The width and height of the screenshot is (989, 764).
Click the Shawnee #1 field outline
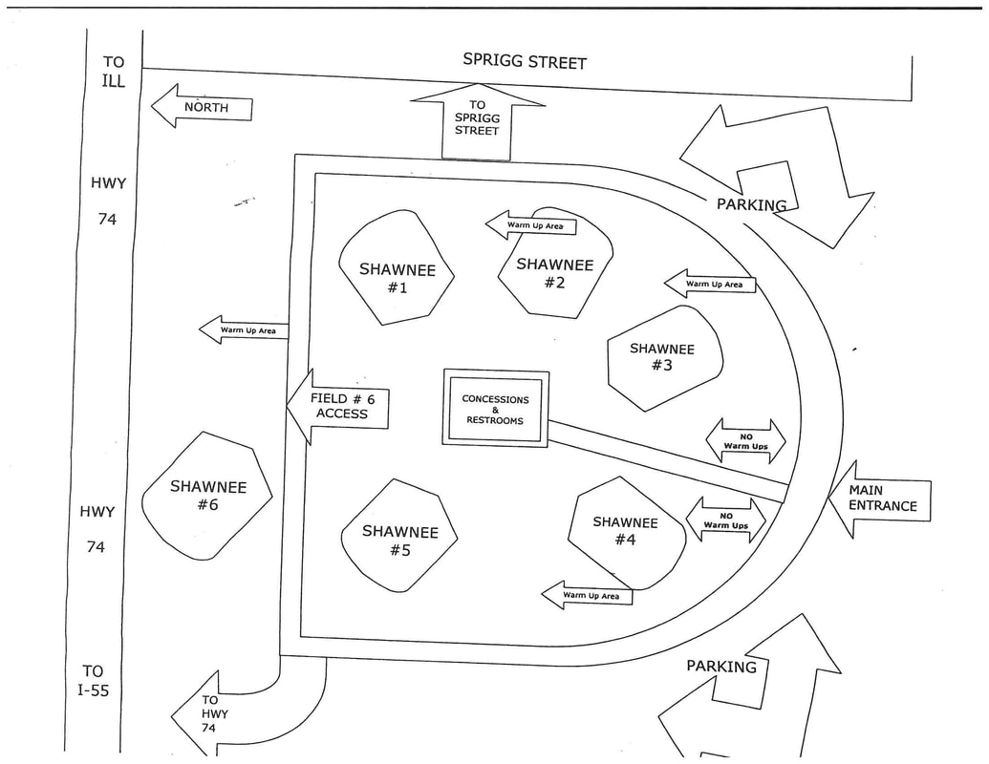point(397,269)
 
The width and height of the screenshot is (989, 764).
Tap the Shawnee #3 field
point(663,357)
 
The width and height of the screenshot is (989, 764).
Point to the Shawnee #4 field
point(626,531)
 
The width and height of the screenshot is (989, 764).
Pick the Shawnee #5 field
point(399,537)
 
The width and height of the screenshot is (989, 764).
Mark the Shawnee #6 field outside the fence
point(207,495)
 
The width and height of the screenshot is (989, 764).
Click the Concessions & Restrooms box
point(495,409)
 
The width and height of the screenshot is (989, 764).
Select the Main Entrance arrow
point(878,498)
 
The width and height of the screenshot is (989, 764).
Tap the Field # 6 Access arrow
point(339,407)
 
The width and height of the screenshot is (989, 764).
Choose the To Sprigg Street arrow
point(477,118)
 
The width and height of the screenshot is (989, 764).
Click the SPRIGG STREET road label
point(525,60)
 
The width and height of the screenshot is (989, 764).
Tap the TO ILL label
point(113,71)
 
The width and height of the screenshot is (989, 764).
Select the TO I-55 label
point(93,680)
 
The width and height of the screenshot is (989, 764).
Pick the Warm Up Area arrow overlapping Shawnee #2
point(531,225)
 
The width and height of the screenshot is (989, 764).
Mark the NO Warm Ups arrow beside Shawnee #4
point(726,520)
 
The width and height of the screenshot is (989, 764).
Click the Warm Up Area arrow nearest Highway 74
point(243,330)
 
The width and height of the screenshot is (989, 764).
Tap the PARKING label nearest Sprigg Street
point(751,203)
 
